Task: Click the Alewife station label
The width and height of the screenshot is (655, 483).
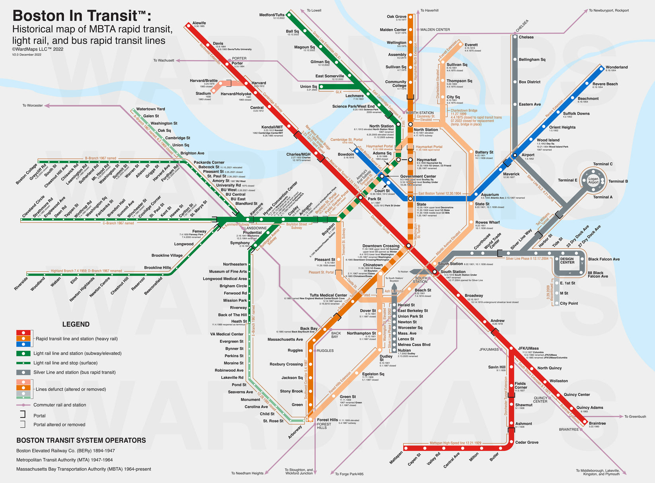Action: pyautogui.click(x=199, y=23)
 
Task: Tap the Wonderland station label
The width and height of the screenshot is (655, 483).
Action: pyautogui.click(x=616, y=67)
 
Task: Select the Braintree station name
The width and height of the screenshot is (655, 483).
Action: pyautogui.click(x=597, y=423)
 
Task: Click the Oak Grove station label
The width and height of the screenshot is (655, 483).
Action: pyautogui.click(x=396, y=17)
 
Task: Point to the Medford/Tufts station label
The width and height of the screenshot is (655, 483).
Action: pyautogui.click(x=272, y=15)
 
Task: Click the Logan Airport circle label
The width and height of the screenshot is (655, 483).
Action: pyautogui.click(x=593, y=180)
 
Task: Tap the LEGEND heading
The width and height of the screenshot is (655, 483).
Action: pyautogui.click(x=76, y=324)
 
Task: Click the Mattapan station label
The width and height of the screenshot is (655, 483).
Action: pyautogui.click(x=396, y=457)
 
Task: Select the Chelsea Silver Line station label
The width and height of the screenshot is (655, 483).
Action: pyautogui.click(x=526, y=37)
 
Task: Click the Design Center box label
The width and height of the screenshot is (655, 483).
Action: pyautogui.click(x=567, y=261)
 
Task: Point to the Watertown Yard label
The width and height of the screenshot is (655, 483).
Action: pyautogui.click(x=150, y=109)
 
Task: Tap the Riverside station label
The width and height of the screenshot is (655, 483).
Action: pyautogui.click(x=21, y=283)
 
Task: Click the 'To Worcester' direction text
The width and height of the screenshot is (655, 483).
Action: pyautogui.click(x=32, y=105)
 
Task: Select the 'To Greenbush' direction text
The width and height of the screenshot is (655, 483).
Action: pyautogui.click(x=635, y=417)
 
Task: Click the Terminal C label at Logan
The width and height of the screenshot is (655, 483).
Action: pyautogui.click(x=602, y=164)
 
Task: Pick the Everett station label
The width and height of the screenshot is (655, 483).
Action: pyautogui.click(x=471, y=45)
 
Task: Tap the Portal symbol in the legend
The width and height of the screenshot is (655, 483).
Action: pyautogui.click(x=23, y=415)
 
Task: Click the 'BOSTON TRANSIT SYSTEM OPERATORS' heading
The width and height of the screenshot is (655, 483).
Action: pyautogui.click(x=81, y=440)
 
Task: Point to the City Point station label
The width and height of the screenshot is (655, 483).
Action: pyautogui.click(x=569, y=303)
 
